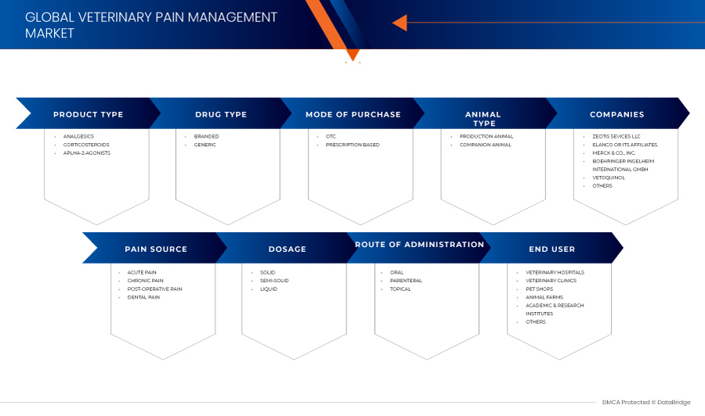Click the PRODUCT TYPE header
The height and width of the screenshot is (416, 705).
[88, 114]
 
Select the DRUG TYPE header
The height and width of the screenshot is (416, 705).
[221, 114]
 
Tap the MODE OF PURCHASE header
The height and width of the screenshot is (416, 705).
[353, 114]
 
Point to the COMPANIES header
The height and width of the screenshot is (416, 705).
[617, 114]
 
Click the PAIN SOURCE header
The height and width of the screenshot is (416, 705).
[156, 249]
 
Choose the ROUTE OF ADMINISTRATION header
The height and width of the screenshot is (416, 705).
[420, 245]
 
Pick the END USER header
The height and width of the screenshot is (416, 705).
[551, 249]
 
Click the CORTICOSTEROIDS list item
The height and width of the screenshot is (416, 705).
[86, 145]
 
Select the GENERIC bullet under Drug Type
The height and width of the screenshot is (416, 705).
[205, 145]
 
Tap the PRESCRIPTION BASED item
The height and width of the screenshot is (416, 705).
[352, 145]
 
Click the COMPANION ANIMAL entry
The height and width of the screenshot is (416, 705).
[485, 145]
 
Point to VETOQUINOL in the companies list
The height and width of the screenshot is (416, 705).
[609, 178]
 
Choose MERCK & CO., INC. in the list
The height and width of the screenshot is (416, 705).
[613, 153]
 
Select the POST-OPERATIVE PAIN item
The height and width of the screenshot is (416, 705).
[154, 289]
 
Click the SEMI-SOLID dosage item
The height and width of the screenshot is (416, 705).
[274, 281]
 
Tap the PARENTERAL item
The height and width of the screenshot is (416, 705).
[406, 281]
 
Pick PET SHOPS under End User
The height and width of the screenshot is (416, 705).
[540, 289]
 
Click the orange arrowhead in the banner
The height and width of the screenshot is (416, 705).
[399, 23]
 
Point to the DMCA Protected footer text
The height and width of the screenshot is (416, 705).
[646, 402]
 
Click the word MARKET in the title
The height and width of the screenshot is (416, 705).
[49, 33]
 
